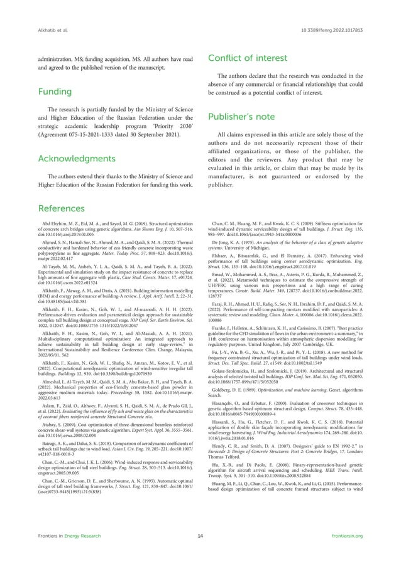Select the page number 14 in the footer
200,553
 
